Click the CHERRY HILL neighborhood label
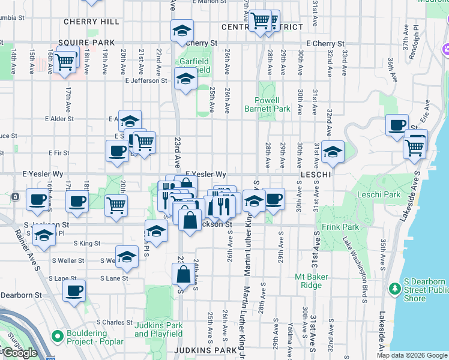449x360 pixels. point(92,22)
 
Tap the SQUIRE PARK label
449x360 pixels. point(86,43)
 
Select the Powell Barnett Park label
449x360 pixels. point(267,104)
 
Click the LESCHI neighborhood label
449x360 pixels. point(316,174)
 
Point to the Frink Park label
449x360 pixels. point(340,227)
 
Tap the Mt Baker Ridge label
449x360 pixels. point(309,281)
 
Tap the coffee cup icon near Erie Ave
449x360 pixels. point(397,125)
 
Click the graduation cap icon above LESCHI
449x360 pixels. point(333,152)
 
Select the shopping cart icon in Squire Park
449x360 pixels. point(64,61)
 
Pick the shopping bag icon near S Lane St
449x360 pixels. point(183,275)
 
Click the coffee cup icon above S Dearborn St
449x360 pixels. point(74,291)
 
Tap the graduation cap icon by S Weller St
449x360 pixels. point(127,257)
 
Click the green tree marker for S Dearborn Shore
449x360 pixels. point(394,289)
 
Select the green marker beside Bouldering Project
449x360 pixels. point(58,335)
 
